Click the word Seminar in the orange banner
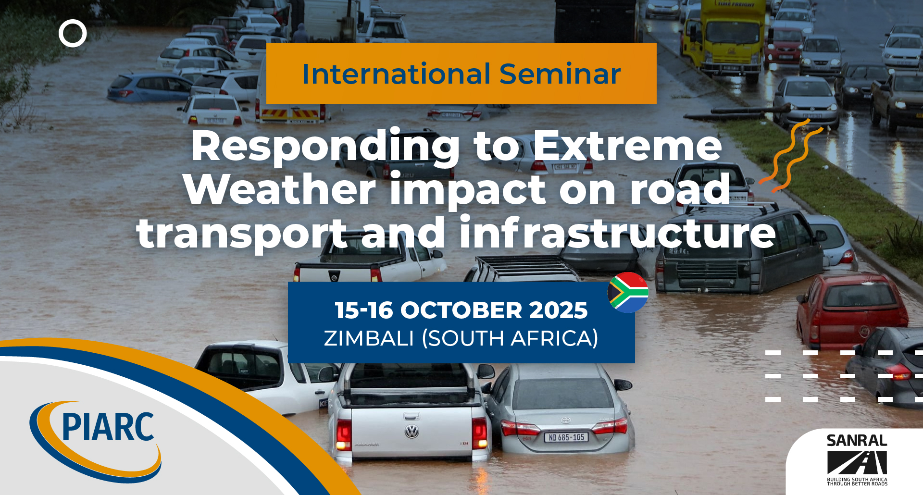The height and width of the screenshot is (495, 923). (x=560, y=74)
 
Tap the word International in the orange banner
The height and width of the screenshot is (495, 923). (x=397, y=74)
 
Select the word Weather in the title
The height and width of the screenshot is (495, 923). (x=280, y=189)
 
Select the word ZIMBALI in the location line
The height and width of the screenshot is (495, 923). (x=369, y=338)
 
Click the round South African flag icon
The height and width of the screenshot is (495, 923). (x=628, y=293)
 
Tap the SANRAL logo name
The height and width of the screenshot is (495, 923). (x=857, y=441)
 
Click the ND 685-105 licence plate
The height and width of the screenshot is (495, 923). (x=566, y=437)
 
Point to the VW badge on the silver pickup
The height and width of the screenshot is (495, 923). (x=412, y=432)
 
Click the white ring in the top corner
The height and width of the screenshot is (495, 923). (x=73, y=33)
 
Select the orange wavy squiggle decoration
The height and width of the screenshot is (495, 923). (x=791, y=155)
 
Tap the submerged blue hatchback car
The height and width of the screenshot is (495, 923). (x=150, y=88)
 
